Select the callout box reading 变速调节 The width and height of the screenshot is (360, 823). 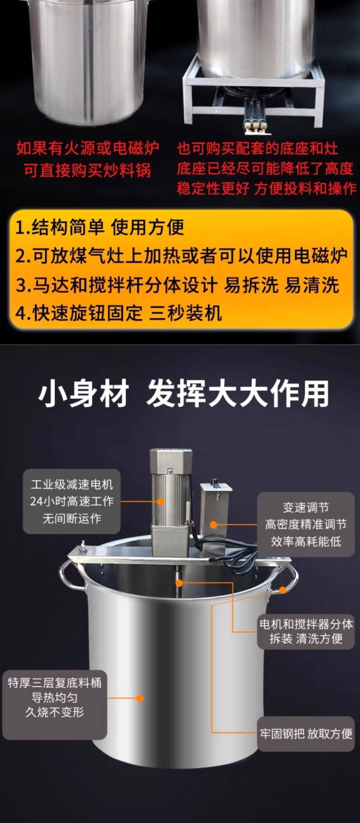coord(306,524)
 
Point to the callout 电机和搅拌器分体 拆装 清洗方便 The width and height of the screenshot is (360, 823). coord(306,631)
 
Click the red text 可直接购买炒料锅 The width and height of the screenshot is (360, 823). coord(87,170)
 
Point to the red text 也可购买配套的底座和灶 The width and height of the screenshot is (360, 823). coord(257,149)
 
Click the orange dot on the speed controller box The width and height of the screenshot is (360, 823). coord(213,524)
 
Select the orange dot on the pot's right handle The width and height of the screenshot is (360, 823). coord(282,590)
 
